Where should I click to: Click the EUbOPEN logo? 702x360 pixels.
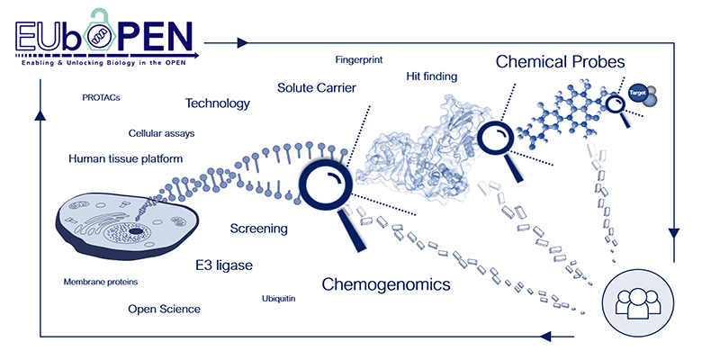coord(104,33)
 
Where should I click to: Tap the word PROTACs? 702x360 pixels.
coord(101,97)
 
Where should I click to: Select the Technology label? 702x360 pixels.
coord(217,103)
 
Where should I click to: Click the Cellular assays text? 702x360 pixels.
coord(161,133)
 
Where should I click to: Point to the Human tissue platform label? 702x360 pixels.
coord(126,159)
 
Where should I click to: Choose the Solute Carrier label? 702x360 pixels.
coord(317,88)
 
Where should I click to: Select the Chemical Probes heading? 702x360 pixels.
coord(561,62)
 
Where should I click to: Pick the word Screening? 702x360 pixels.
coord(258,229)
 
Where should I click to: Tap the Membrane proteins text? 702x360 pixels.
coord(100,282)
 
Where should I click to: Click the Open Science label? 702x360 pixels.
coord(164,309)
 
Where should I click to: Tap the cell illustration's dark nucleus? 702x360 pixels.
coord(134,231)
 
